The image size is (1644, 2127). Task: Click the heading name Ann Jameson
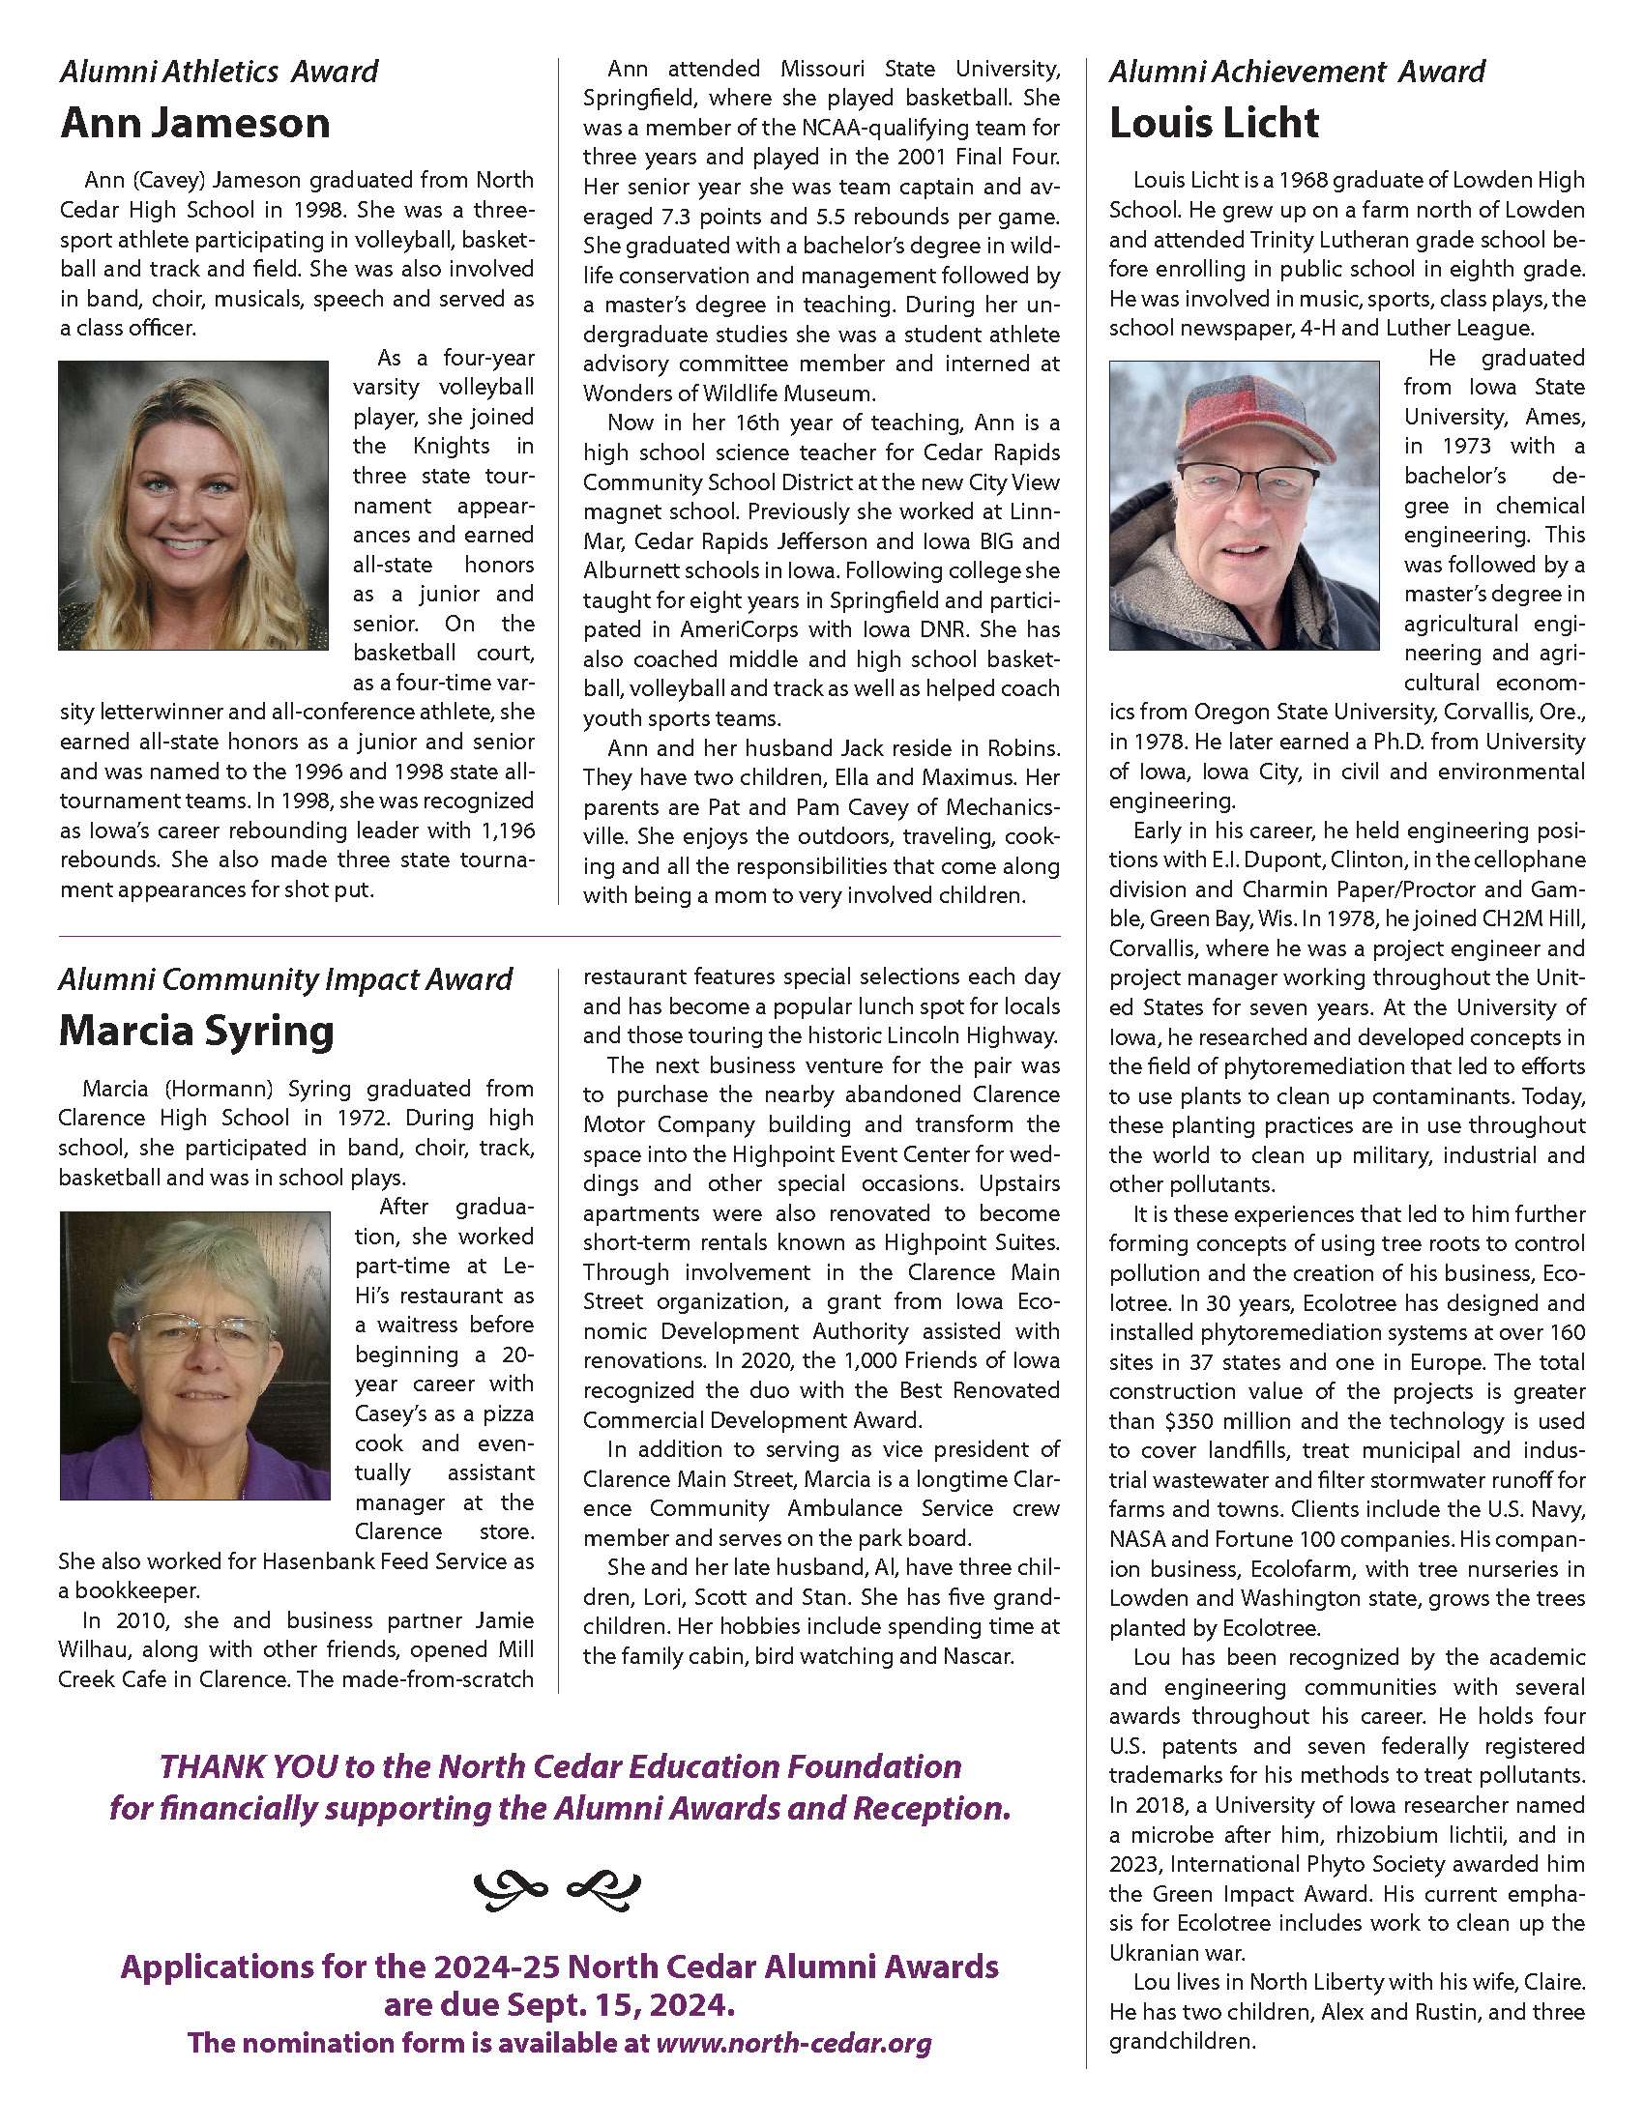(194, 124)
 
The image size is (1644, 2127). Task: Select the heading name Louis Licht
(1214, 124)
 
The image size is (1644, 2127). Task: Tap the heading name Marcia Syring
(195, 1032)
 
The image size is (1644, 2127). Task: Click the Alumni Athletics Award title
(219, 72)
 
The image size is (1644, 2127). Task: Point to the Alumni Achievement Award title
(1296, 72)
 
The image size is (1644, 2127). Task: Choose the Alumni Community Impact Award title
(285, 979)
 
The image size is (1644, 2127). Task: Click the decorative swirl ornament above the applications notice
(557, 1890)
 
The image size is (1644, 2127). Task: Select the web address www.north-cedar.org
(794, 2043)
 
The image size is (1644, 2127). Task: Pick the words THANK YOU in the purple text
(249, 1767)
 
